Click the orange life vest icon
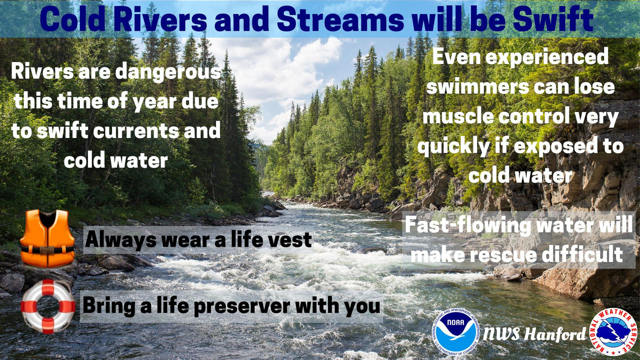click(x=47, y=238)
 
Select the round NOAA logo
click(x=456, y=333)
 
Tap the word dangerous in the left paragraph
click(x=168, y=72)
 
